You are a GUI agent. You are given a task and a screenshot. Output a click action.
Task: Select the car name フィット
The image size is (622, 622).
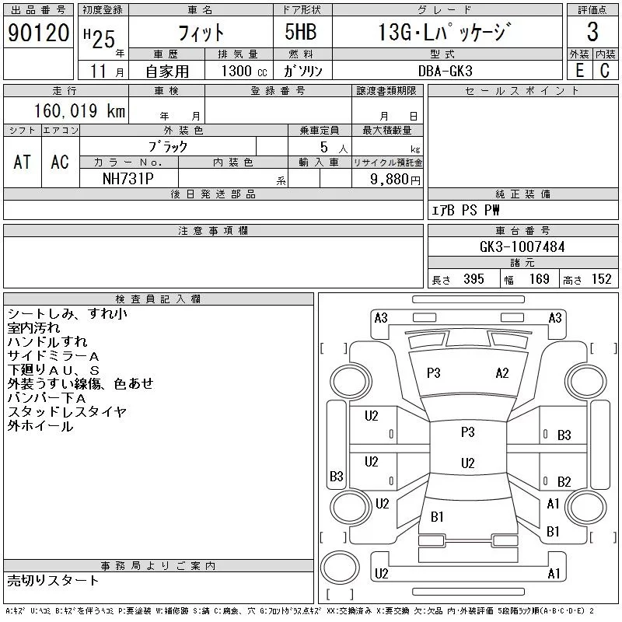201,33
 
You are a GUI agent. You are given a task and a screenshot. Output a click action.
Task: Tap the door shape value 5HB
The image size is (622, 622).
302,33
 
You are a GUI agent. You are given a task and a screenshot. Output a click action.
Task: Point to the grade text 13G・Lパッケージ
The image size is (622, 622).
445,33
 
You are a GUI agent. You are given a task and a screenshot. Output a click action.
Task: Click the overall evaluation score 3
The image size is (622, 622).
592,33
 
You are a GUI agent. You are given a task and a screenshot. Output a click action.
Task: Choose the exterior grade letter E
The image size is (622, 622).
579,71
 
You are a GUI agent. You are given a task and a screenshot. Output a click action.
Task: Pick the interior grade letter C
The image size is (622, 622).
604,71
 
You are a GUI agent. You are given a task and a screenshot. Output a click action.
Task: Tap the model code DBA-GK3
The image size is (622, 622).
444,71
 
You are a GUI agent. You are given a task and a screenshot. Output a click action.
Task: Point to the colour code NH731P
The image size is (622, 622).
128,178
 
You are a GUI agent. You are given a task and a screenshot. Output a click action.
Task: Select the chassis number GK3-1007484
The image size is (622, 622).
522,246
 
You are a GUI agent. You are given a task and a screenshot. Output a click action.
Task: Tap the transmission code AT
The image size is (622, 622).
23,162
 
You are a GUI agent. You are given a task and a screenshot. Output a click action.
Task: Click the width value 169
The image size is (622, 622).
539,279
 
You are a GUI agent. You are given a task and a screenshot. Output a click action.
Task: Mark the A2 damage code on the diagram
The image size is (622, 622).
502,372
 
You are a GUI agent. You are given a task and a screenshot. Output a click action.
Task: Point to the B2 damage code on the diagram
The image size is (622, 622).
564,482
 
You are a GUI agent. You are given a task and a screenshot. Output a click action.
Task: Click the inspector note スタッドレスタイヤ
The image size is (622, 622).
66,412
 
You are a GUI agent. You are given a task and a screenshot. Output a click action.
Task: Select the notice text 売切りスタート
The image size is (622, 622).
54,580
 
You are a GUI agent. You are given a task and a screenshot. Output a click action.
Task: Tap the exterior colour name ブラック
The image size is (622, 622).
168,146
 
